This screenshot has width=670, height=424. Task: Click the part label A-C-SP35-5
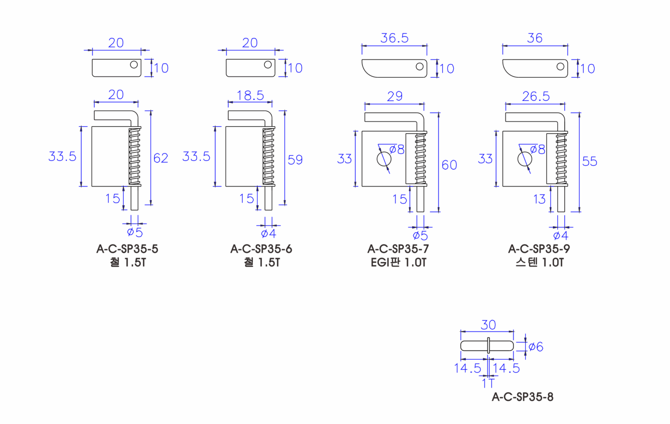(127, 249)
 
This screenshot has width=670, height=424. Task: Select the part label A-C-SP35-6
(261, 249)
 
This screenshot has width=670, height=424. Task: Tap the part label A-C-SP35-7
(398, 249)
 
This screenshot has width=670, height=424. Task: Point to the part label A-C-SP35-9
(539, 249)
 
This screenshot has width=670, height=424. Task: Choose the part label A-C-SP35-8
(523, 397)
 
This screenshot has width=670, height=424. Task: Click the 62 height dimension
(161, 158)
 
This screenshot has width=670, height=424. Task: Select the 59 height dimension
(295, 160)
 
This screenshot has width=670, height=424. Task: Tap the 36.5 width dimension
(395, 38)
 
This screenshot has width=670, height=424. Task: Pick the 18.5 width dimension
(250, 95)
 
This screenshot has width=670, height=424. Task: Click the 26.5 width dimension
(536, 96)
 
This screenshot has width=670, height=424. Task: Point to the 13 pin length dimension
(539, 199)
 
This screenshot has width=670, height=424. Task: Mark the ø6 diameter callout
(536, 347)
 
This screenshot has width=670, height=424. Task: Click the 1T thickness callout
(488, 383)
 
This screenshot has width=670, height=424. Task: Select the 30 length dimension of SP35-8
(488, 325)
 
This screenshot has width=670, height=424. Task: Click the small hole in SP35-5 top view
(134, 64)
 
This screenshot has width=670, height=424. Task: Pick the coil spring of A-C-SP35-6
(268, 156)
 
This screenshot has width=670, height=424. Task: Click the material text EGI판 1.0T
(398, 263)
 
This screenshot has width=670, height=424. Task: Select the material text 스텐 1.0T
(539, 263)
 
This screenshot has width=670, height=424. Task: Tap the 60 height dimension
(449, 165)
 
